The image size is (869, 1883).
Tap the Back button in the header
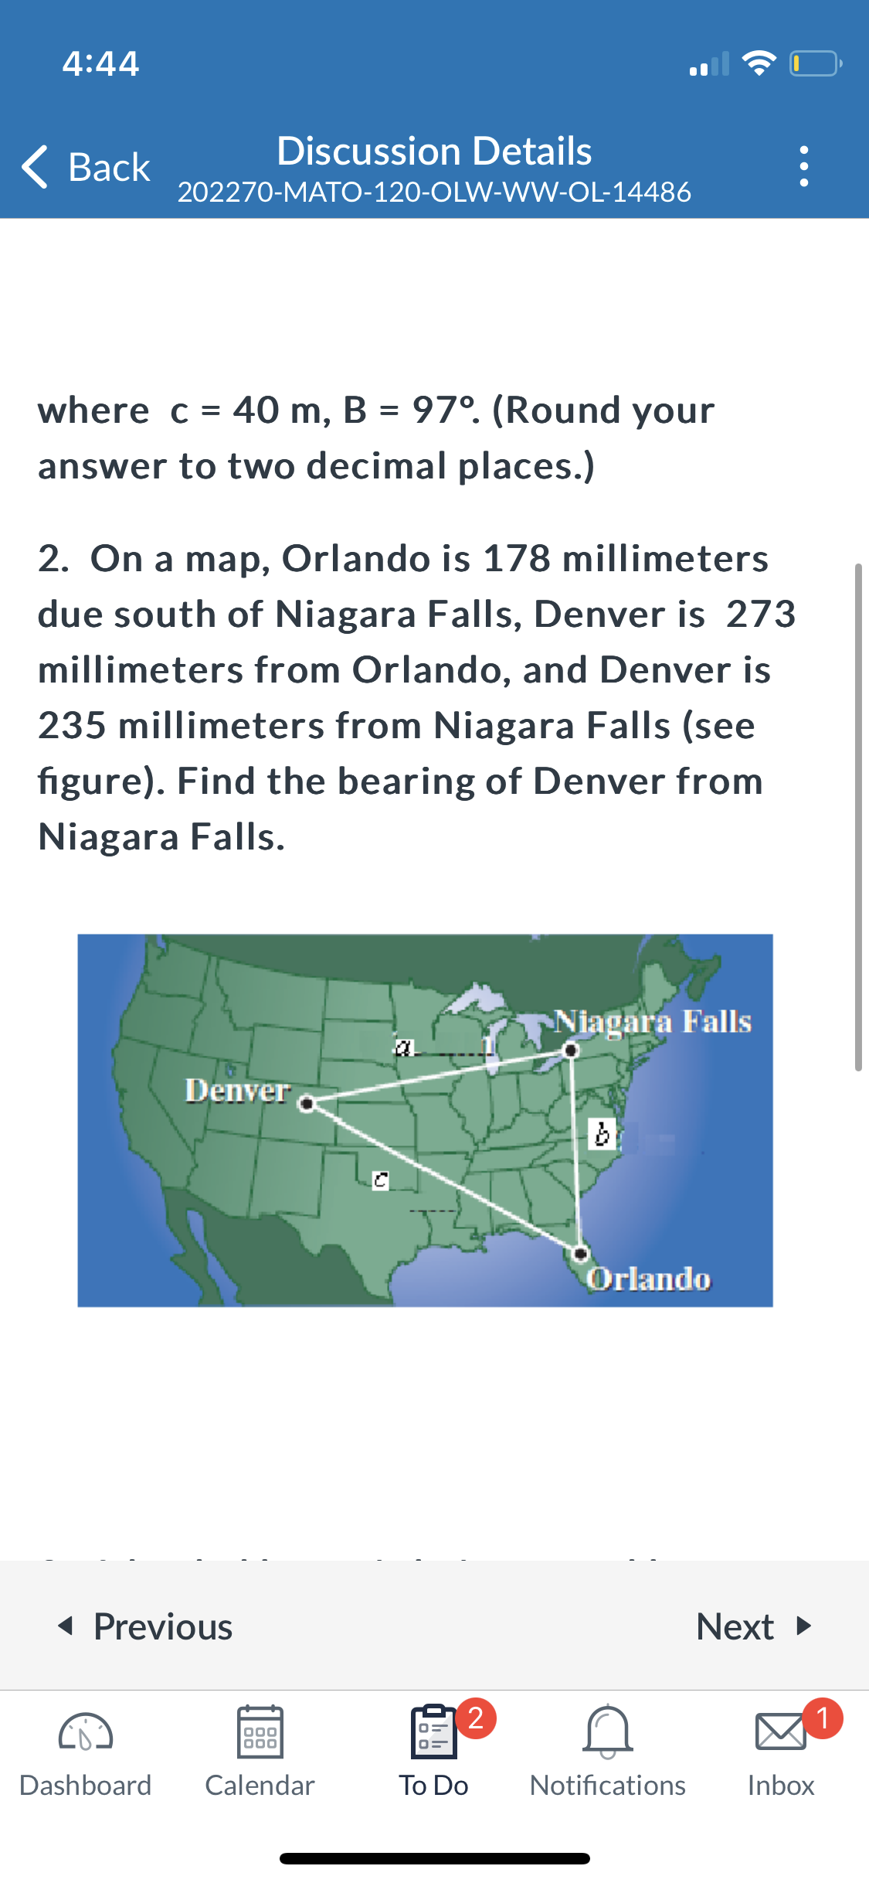pyautogui.click(x=87, y=167)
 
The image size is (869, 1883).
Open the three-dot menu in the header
pyautogui.click(x=803, y=166)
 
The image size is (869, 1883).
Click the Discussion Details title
pyautogui.click(x=434, y=151)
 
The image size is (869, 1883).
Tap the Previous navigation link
pyautogui.click(x=147, y=1626)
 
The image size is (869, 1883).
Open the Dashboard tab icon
pyautogui.click(x=86, y=1732)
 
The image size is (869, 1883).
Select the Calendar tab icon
pyautogui.click(x=260, y=1732)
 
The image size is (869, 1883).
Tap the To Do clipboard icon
pyautogui.click(x=433, y=1732)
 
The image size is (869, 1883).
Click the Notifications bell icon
pyautogui.click(x=608, y=1732)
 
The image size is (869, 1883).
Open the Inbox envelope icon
pyautogui.click(x=781, y=1732)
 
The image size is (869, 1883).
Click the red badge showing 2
pyautogui.click(x=476, y=1718)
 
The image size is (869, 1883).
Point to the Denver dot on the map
pyautogui.click(x=307, y=1103)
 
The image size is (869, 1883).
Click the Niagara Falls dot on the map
pyautogui.click(x=571, y=1050)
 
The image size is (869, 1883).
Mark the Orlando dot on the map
pyautogui.click(x=580, y=1253)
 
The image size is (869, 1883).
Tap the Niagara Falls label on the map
pyautogui.click(x=653, y=1021)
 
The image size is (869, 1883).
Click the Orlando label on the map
pyautogui.click(x=649, y=1279)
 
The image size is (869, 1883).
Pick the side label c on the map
pyautogui.click(x=380, y=1180)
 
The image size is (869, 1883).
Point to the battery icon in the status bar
pyautogui.click(x=814, y=63)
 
